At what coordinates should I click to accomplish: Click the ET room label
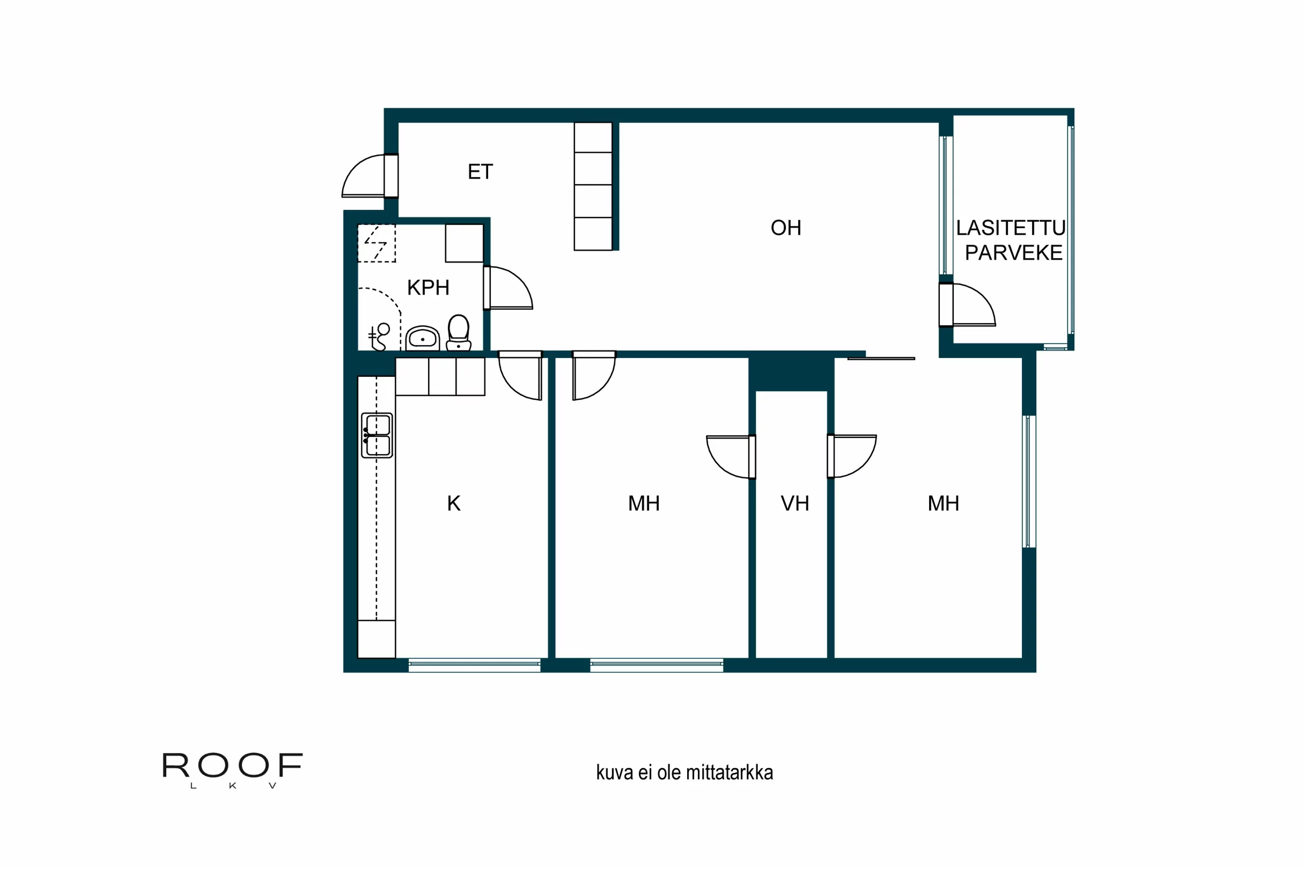tap(480, 172)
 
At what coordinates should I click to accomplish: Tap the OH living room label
tap(786, 228)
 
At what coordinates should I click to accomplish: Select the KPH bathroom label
tap(428, 288)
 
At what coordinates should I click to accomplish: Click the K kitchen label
tap(454, 503)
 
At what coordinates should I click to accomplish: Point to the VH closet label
tap(794, 503)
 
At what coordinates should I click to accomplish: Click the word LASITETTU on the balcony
tap(1011, 228)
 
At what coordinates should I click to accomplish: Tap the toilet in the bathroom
tap(459, 332)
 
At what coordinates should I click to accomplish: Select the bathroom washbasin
tap(423, 338)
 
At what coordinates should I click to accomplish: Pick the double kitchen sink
tap(377, 435)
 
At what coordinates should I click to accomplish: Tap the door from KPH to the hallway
tap(509, 288)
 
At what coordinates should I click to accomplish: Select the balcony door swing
tap(972, 305)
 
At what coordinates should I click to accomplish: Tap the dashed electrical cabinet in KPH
tap(376, 243)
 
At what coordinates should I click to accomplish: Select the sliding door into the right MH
tap(881, 358)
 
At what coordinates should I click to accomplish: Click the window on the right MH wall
tap(1029, 481)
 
